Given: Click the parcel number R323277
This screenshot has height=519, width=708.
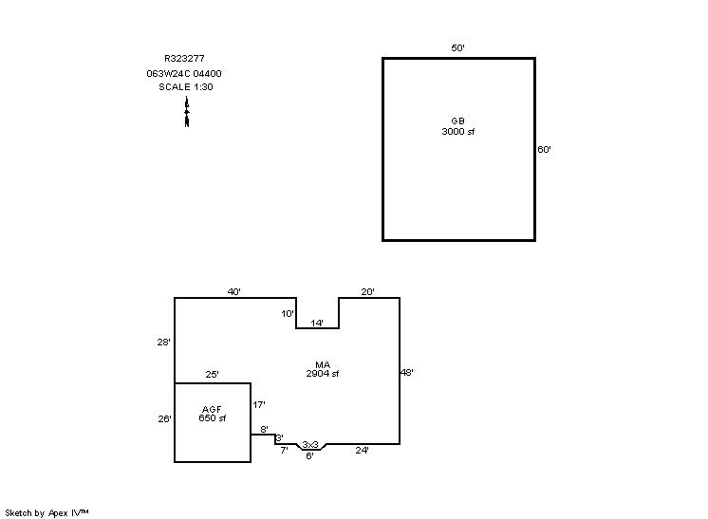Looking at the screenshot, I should tap(184, 59).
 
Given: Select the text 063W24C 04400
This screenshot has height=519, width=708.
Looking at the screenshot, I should tap(184, 73).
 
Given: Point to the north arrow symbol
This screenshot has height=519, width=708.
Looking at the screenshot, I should tap(187, 112).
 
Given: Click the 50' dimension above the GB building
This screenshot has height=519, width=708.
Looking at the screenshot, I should tap(457, 47).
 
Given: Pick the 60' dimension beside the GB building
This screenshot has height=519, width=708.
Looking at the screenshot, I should tap(544, 149).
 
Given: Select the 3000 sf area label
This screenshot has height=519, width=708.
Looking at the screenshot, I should tap(457, 131).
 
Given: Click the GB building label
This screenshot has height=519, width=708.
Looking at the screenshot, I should tap(457, 120).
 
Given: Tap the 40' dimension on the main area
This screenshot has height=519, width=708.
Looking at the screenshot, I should tap(233, 291).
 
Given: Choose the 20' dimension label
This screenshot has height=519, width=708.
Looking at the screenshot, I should tap(367, 291).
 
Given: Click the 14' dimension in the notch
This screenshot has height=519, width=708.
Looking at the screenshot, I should tap(317, 324).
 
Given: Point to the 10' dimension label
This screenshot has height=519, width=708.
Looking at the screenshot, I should tap(287, 313).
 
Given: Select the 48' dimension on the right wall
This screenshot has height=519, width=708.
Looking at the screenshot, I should tap(406, 373).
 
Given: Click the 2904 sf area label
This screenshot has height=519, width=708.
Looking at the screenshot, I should tap(322, 374).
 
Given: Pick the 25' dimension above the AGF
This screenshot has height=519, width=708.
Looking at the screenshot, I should tap(213, 376).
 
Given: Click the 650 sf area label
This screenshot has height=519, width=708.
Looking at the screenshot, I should tap(212, 418).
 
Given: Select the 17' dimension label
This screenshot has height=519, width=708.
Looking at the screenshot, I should tap(258, 405).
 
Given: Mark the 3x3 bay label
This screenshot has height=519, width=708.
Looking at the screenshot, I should tap(310, 444).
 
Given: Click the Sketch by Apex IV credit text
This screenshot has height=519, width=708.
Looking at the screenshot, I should tap(47, 512).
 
